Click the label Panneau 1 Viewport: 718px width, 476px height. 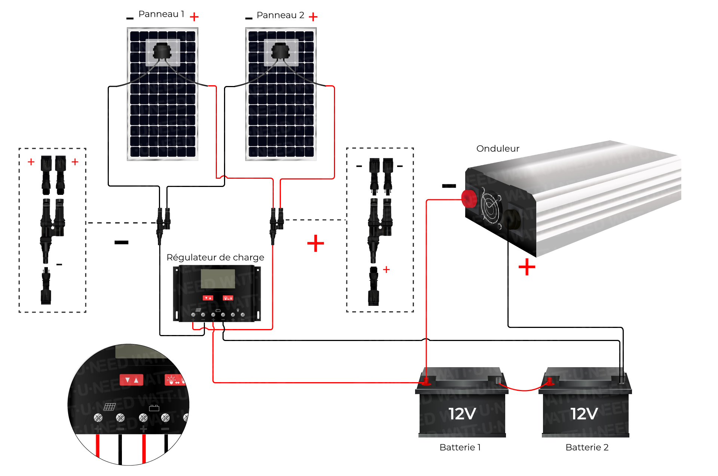(161, 14)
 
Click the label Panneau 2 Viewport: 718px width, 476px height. (280, 15)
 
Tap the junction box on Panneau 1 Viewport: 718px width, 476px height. (162, 51)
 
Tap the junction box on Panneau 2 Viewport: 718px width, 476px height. (280, 51)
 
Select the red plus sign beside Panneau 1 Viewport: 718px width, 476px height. (194, 17)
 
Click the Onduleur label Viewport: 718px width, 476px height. (498, 149)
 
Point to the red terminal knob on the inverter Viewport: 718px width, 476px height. (469, 199)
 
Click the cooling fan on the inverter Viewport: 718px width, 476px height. (491, 208)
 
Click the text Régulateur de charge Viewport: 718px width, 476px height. (215, 258)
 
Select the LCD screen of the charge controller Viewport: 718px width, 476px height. (218, 279)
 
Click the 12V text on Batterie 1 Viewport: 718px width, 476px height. (462, 414)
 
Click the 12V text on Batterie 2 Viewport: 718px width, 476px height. (584, 414)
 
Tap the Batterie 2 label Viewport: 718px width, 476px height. (587, 448)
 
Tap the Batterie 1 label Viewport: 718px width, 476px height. (460, 448)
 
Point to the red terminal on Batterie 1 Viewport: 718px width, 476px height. (426, 382)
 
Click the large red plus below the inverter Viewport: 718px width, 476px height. (527, 267)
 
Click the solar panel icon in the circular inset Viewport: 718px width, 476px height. (110, 406)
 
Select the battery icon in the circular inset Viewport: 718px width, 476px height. (154, 408)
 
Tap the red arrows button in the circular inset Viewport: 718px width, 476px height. (131, 380)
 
